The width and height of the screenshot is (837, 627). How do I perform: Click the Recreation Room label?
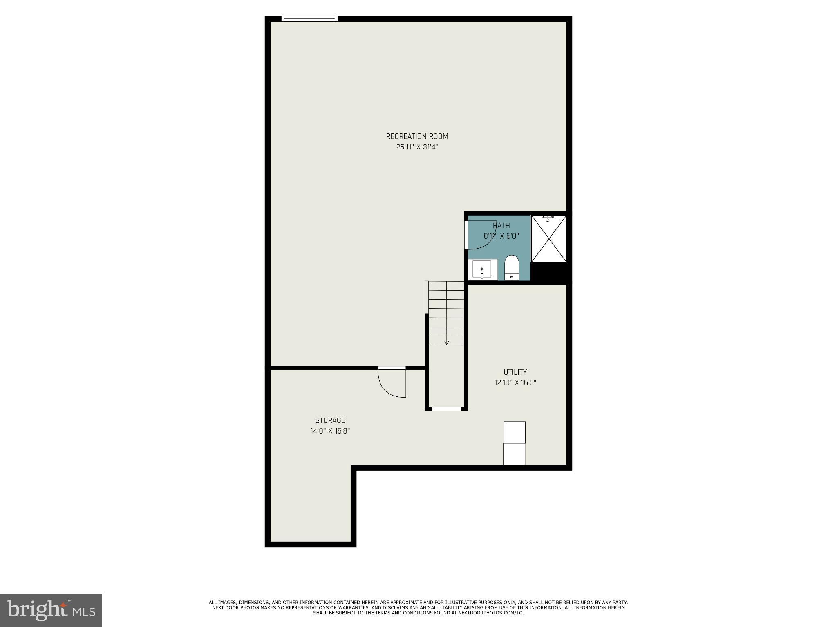(x=417, y=136)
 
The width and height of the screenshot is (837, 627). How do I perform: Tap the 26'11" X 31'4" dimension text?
(x=417, y=147)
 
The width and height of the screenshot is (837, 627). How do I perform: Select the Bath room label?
(x=501, y=226)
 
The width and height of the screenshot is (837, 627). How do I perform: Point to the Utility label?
(x=515, y=372)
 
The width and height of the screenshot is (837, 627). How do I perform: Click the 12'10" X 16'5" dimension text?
(x=515, y=383)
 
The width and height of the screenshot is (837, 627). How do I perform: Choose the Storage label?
(x=330, y=420)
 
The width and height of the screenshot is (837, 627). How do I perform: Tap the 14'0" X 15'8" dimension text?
(x=330, y=431)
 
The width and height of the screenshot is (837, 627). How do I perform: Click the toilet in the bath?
(x=512, y=267)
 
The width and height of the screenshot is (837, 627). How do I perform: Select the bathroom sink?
(x=482, y=269)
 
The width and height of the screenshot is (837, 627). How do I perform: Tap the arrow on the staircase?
(x=446, y=342)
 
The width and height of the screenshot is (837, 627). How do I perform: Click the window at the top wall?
(x=309, y=18)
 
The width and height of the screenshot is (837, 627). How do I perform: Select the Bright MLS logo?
(x=51, y=610)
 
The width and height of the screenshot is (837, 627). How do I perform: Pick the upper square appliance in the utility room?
(x=514, y=432)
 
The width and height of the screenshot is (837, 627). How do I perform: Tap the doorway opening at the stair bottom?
(x=446, y=408)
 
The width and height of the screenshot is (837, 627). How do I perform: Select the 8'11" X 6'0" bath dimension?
(x=501, y=236)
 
